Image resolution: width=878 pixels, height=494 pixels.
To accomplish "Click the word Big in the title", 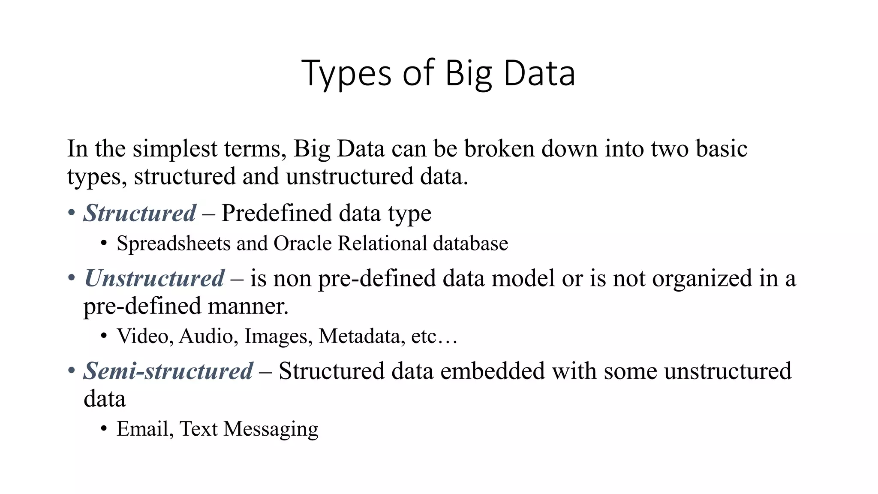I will pos(469,74).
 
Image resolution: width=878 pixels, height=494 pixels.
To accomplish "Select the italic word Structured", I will pos(140,213).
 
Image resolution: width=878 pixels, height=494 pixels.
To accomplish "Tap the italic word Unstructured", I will pos(154,278).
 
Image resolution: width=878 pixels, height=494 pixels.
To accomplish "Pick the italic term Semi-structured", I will pos(168,371).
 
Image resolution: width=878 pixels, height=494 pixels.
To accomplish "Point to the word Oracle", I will pos(303,244).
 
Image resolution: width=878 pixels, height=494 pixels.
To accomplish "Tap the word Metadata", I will pos(361,336).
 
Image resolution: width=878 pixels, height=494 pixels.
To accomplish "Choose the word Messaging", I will pos(271,429).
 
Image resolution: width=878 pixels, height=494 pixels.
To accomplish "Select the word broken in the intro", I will pos(499,149).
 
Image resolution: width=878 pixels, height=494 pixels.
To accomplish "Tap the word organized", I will pos(702,278).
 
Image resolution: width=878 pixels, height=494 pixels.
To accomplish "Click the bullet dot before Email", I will pos(104,429).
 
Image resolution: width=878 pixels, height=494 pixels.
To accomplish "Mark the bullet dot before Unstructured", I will pos(72,278).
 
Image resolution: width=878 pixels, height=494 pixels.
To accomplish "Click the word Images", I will pos(278,336).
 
